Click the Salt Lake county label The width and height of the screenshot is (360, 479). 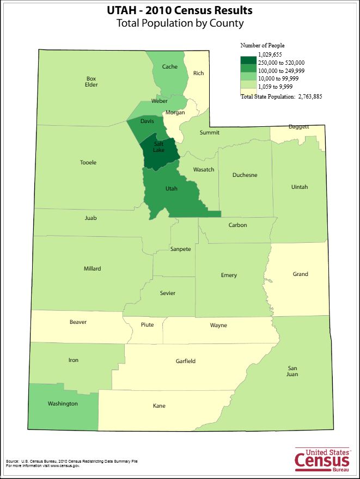point(159,147)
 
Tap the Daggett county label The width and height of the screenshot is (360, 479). point(298,127)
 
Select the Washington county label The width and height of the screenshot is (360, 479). point(63,404)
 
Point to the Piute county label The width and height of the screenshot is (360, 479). point(147,325)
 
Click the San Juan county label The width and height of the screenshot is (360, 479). point(292,371)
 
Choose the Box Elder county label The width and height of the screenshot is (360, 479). point(91,82)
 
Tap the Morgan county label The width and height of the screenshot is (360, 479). point(175,113)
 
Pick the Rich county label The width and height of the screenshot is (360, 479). point(198,73)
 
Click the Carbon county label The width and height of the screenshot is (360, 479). point(237,225)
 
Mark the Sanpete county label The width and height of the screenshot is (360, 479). point(180,249)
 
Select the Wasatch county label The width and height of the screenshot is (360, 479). point(204,170)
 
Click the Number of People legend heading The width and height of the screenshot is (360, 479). point(263,46)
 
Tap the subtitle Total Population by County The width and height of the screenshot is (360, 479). point(180,23)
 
